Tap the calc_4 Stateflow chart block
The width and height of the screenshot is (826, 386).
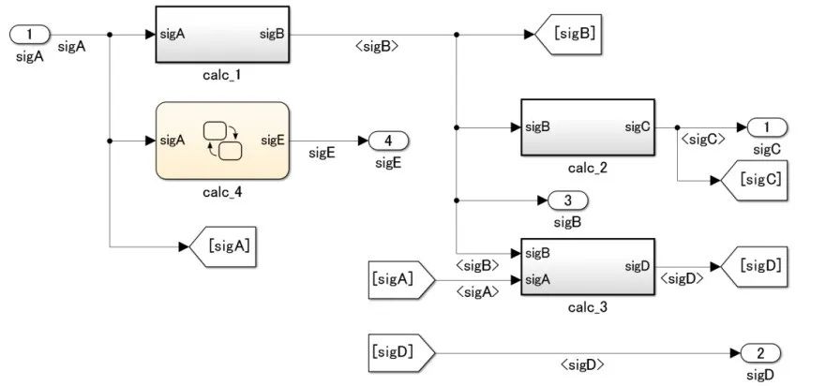pos(221,141)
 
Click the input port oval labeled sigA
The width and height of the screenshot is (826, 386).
pos(29,35)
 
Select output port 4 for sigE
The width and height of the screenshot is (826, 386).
pos(388,141)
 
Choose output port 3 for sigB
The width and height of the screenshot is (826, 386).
pos(568,200)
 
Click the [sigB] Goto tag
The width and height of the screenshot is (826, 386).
pos(566,35)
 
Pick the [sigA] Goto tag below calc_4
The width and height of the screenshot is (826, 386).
pos(224,247)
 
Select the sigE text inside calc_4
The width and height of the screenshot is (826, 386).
pos(272,141)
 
